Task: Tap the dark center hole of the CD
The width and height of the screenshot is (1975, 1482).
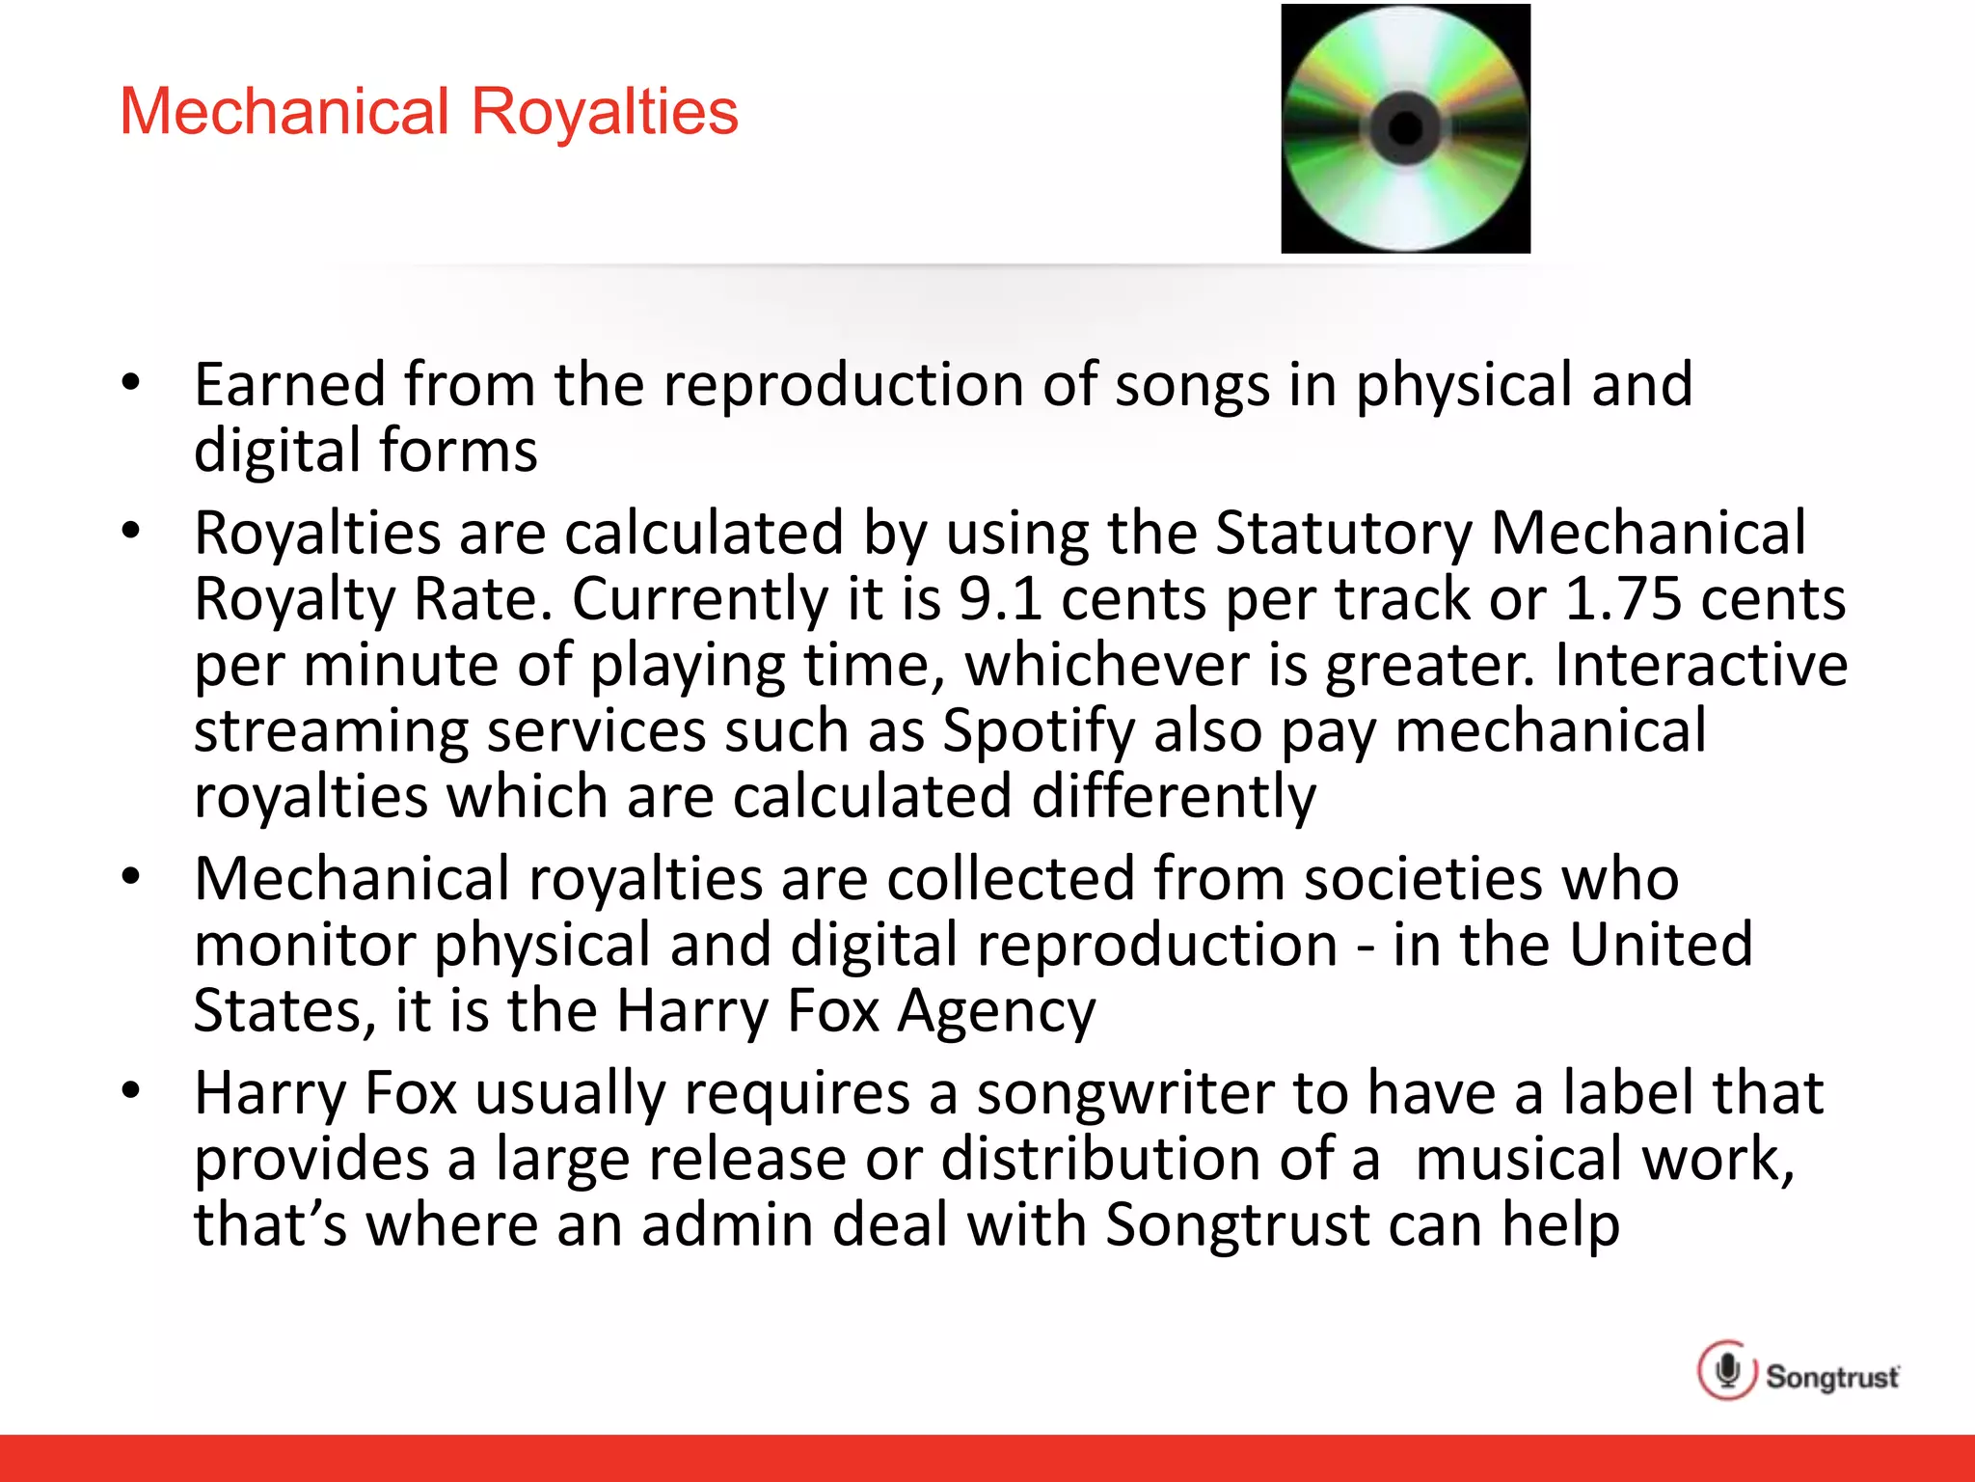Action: (x=1405, y=127)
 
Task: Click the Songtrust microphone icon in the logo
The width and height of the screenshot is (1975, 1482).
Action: (x=1727, y=1370)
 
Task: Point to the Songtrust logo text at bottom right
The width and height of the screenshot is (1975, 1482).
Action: (x=1832, y=1377)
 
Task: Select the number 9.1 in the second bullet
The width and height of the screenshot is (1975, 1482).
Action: (x=1000, y=598)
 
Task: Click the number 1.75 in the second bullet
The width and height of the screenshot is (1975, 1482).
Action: (x=1623, y=598)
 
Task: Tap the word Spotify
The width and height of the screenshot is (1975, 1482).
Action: (x=1039, y=730)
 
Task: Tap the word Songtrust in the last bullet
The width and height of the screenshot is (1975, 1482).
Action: (x=1237, y=1224)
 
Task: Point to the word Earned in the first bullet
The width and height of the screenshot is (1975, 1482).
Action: (x=290, y=384)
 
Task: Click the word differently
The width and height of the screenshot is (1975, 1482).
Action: (x=1174, y=797)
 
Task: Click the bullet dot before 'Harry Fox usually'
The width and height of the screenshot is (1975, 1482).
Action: (x=131, y=1091)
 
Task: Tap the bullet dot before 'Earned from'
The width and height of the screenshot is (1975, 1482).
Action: (x=131, y=382)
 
